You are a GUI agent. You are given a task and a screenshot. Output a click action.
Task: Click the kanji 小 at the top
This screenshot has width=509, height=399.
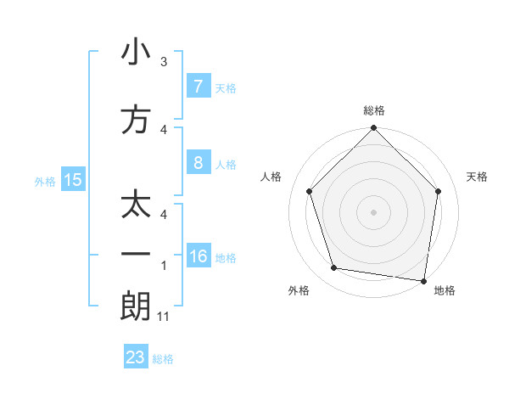(x=136, y=53)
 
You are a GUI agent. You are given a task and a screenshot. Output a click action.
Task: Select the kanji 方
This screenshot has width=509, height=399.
(x=136, y=119)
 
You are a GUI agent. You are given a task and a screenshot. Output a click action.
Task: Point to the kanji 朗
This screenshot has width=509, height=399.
(x=136, y=306)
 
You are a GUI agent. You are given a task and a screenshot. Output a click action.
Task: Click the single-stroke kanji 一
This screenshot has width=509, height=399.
(x=136, y=255)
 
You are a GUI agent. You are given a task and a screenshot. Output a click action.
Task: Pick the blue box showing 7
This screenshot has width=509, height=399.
(x=198, y=86)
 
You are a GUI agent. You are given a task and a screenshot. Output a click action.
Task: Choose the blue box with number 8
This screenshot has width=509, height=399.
(x=198, y=162)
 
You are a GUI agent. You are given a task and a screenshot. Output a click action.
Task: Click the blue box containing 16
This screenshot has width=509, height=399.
(x=198, y=256)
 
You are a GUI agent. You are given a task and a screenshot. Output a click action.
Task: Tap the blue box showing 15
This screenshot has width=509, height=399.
(x=73, y=180)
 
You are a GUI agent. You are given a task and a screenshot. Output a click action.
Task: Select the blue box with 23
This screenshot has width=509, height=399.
(x=136, y=357)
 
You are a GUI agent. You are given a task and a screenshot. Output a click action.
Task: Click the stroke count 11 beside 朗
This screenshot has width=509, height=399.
(x=164, y=317)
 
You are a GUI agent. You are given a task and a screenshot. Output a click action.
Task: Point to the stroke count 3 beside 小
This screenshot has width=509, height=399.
(x=164, y=62)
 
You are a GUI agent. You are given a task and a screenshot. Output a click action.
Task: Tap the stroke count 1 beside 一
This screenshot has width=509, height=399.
(x=164, y=266)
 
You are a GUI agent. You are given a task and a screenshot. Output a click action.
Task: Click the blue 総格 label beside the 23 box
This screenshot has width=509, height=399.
(x=163, y=359)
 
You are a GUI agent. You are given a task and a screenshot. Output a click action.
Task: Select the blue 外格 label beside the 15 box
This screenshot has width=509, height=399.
(x=45, y=181)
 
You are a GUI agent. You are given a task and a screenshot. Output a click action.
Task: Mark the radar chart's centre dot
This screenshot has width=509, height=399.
(x=373, y=211)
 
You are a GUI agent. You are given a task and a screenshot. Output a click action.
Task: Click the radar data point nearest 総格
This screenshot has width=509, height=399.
(x=373, y=129)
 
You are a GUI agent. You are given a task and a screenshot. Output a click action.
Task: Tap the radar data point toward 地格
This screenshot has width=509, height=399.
(x=423, y=279)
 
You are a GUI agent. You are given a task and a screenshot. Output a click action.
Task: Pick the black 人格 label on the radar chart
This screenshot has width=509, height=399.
(x=271, y=177)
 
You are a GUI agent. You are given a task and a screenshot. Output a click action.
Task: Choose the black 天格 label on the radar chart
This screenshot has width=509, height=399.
(x=477, y=177)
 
